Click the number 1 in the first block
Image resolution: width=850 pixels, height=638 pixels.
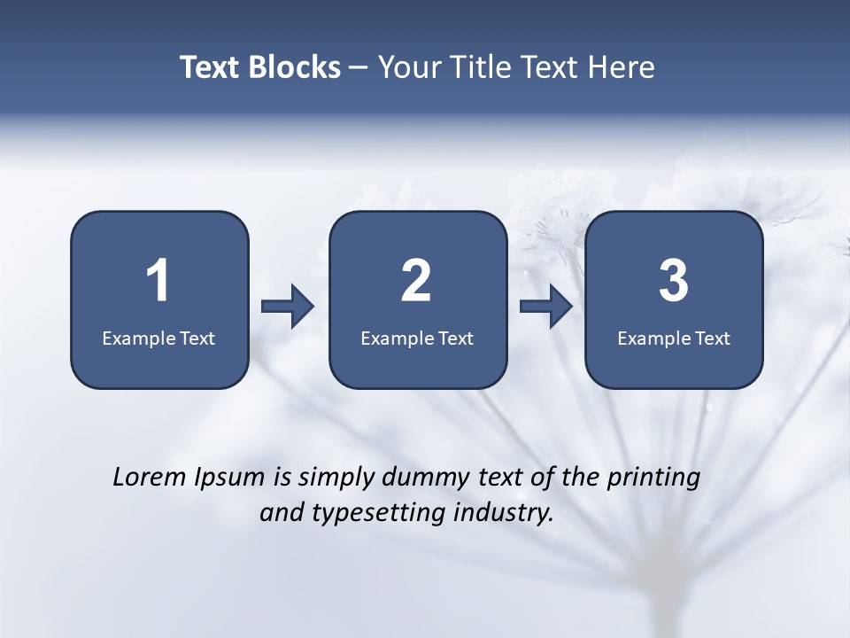[158, 281]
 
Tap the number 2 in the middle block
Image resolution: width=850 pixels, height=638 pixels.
[416, 281]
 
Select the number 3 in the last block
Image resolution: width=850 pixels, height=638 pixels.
[674, 281]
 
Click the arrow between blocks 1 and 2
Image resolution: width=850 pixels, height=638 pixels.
[288, 307]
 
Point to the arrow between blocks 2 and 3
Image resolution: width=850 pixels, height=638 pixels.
[546, 307]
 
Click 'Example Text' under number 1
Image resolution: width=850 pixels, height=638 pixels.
[158, 338]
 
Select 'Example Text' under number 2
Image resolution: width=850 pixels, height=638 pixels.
[417, 338]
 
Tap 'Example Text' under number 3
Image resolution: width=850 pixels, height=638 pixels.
[674, 338]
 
